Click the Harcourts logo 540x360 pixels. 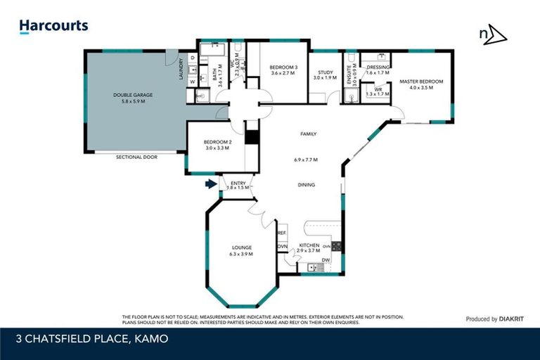pos(53,27)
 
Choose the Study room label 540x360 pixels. pos(325,72)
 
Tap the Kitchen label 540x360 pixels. pos(309,245)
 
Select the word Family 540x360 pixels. pos(308,134)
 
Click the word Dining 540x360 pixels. pos(306,185)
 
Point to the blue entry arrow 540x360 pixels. pos(210,184)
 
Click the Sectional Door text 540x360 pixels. pos(136,157)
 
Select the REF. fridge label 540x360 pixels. pos(281,233)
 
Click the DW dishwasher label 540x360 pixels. pos(326,261)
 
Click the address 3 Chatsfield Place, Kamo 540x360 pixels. pos(92,339)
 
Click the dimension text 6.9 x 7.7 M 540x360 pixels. pos(306,160)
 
